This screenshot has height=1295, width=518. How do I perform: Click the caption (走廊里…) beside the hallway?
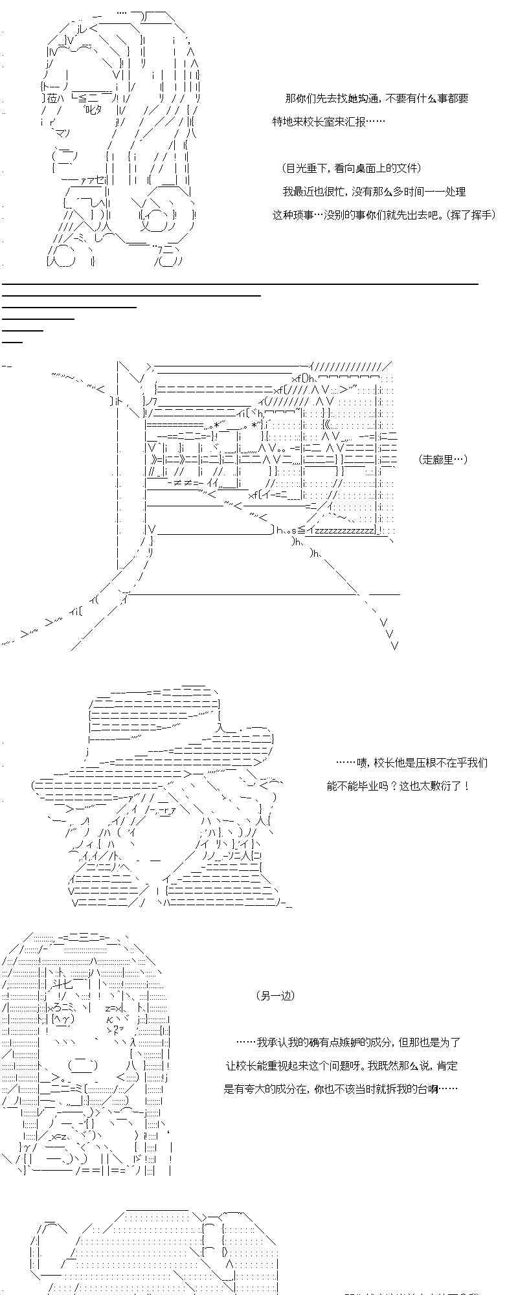[443, 460]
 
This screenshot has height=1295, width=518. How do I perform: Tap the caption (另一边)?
[275, 996]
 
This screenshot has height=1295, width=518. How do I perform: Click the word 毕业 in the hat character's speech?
[367, 786]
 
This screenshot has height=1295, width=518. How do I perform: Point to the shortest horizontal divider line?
[12, 341]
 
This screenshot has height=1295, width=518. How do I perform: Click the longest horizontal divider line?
[240, 284]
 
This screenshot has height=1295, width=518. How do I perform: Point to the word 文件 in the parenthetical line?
[405, 168]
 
